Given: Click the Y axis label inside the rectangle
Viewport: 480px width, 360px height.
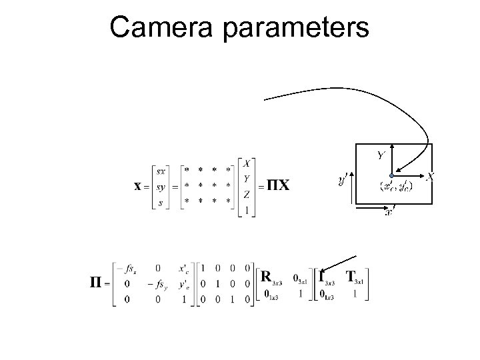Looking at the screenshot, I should click(x=380, y=156).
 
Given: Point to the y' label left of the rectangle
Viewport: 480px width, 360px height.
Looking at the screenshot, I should click(x=343, y=180).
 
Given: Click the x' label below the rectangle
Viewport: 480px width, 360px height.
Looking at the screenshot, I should click(x=389, y=213).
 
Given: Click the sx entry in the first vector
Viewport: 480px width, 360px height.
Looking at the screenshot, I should click(x=162, y=171).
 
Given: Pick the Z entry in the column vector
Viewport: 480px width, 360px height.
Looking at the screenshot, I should click(x=247, y=194).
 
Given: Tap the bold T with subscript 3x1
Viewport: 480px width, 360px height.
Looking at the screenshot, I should click(x=351, y=275).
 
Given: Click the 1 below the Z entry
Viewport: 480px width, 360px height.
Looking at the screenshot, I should click(x=247, y=210).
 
